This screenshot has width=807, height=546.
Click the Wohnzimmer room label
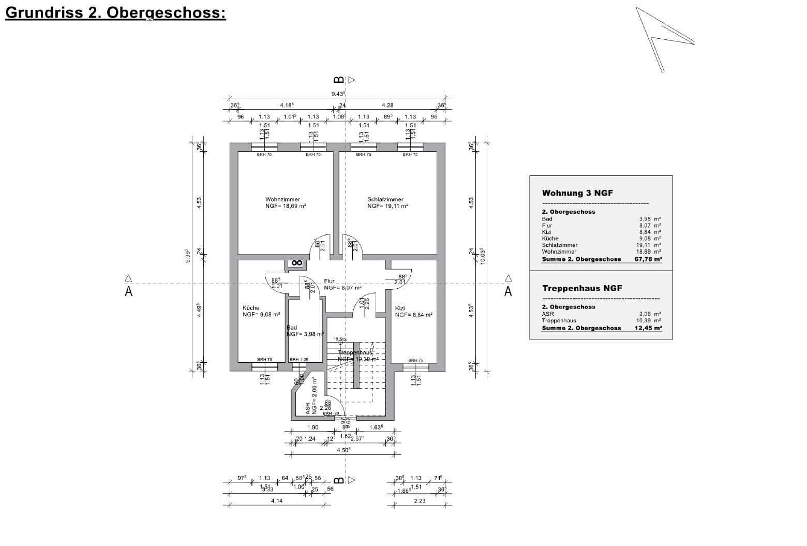(282, 200)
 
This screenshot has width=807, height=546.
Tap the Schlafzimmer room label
(385, 200)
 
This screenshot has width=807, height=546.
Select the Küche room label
(251, 308)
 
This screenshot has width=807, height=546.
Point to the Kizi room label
(400, 308)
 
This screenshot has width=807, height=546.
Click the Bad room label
(292, 328)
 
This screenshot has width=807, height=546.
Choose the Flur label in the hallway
(330, 282)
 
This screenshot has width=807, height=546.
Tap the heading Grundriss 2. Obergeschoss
(115, 12)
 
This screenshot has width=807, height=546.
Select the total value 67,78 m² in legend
(648, 259)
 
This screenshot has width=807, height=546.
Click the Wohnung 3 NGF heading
(577, 193)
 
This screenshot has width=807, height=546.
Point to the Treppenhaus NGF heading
(582, 288)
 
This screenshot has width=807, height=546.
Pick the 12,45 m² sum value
(648, 328)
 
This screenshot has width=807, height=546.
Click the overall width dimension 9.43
(338, 94)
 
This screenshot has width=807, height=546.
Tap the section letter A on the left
(128, 292)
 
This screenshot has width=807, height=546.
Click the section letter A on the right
(508, 292)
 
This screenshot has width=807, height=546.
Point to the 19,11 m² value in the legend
(649, 245)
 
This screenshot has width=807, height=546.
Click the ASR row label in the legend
(547, 314)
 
